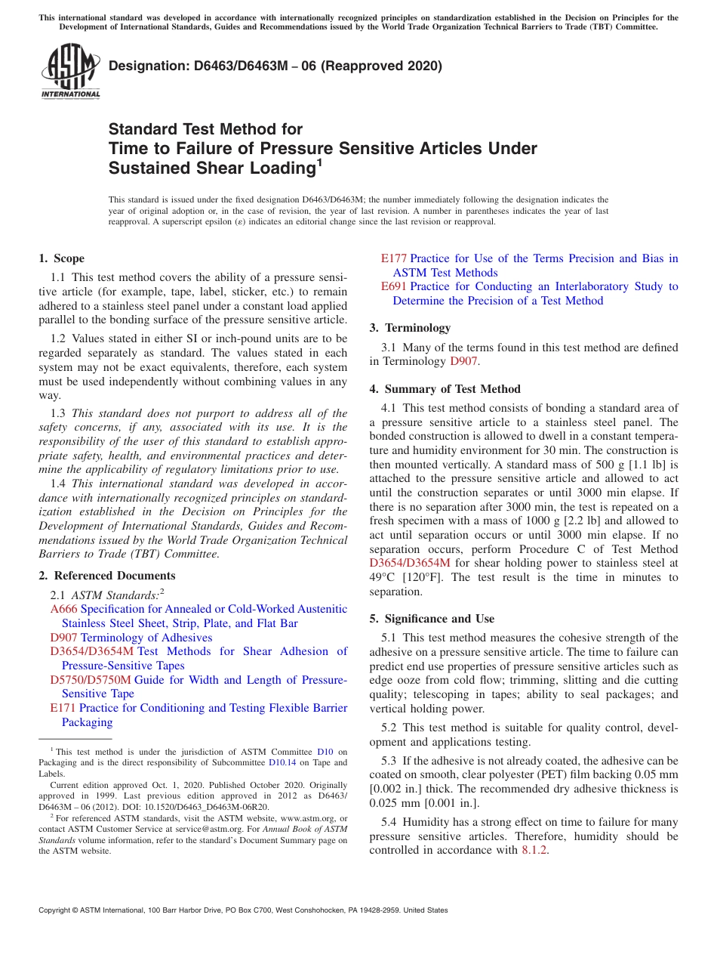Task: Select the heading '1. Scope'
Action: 61,258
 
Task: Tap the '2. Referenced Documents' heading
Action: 106,576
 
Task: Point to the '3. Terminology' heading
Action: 410,328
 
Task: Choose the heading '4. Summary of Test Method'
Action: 445,389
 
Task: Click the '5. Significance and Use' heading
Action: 432,619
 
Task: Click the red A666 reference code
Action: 63,609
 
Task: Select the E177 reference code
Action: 394,258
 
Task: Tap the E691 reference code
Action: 394,286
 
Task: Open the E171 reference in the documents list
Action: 63,708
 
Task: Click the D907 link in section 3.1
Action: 463,361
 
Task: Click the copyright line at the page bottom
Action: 243,910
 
